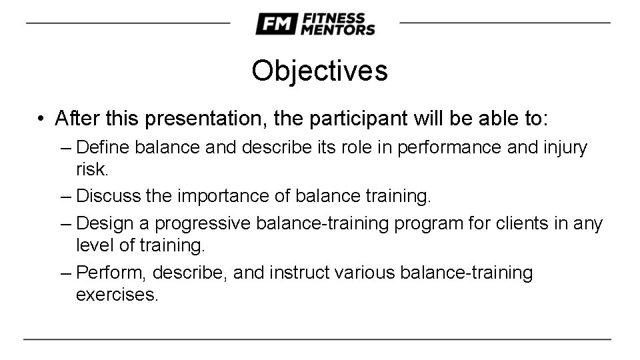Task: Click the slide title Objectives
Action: click(319, 71)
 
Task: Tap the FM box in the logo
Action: click(275, 24)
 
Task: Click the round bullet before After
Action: click(41, 119)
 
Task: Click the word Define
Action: click(103, 147)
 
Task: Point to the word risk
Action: click(91, 169)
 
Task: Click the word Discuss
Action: click(108, 197)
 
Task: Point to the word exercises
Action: click(117, 295)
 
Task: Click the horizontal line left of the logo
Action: click(127, 23)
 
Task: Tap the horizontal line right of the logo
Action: click(505, 23)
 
